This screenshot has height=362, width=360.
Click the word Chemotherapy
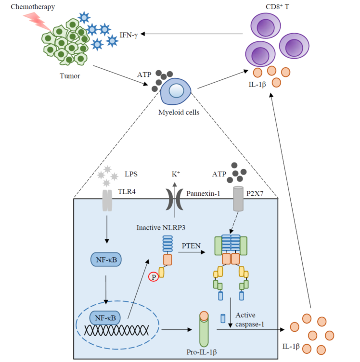(21, 7)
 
